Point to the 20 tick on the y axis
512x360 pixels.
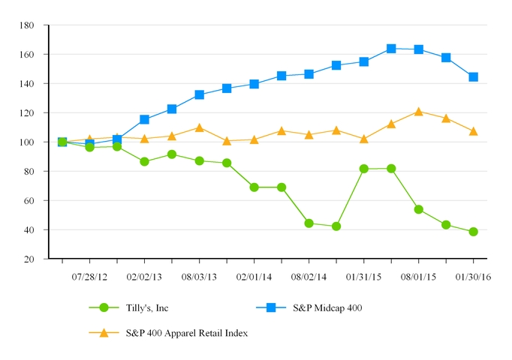point(35,259)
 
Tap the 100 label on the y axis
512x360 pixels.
point(33,142)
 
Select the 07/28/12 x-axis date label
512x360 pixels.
point(89,277)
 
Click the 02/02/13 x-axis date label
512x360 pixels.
point(144,277)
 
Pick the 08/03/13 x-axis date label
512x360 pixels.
point(199,277)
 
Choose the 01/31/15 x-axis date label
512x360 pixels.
point(363,277)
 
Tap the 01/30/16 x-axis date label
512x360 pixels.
point(473,277)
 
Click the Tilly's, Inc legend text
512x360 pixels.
point(146,307)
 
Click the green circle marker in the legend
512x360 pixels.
point(104,307)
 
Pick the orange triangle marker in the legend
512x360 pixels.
point(104,333)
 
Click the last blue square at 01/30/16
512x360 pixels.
point(474,77)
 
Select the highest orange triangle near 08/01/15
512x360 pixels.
point(419,112)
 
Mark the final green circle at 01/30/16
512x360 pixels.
point(474,232)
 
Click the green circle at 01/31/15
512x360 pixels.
point(364,169)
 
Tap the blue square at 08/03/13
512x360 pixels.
point(199,95)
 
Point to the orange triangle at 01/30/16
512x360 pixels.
point(474,131)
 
